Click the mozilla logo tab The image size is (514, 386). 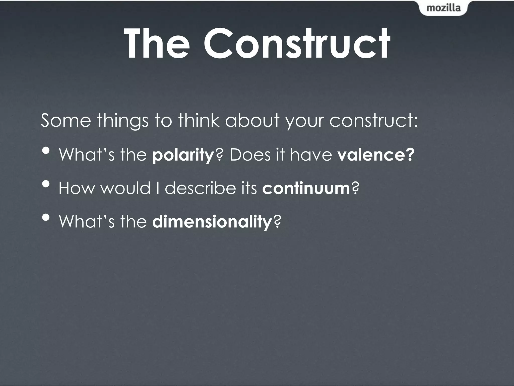[x=443, y=8]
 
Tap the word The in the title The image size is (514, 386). [x=157, y=44]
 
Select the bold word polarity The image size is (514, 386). [x=183, y=155]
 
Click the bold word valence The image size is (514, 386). [x=375, y=155]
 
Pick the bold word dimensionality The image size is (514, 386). [x=212, y=221]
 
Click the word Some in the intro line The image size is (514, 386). [x=66, y=120]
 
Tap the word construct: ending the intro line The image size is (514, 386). [x=373, y=120]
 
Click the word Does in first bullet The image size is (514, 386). [x=250, y=155]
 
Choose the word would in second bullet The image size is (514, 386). [x=126, y=188]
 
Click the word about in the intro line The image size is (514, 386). [x=252, y=120]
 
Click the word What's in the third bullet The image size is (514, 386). [x=87, y=221]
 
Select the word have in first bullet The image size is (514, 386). [x=311, y=155]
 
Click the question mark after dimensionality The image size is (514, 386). [x=277, y=221]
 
